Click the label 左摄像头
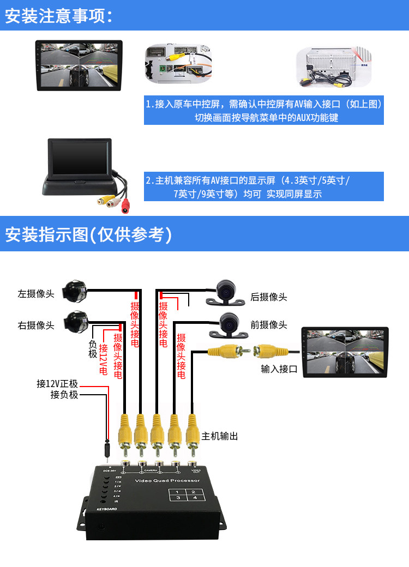36,293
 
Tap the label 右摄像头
36,325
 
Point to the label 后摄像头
268,297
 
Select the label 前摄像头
268,324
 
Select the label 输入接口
279,369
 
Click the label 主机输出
219,436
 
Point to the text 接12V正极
57,384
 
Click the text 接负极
64,395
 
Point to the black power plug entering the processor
107,450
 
